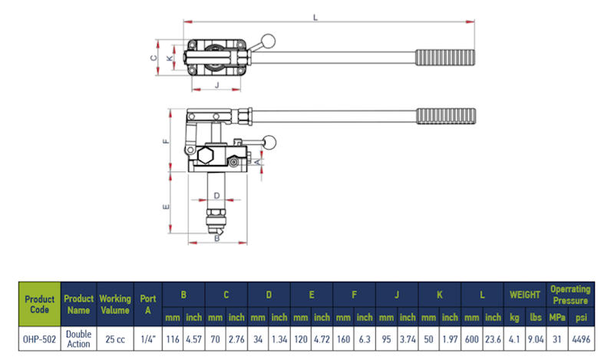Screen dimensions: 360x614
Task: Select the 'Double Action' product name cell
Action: click(78, 339)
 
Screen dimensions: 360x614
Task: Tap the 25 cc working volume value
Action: click(116, 339)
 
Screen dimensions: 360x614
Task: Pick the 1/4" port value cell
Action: click(147, 339)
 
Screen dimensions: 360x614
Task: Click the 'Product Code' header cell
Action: click(39, 304)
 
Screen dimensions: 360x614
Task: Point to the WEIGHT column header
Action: click(525, 294)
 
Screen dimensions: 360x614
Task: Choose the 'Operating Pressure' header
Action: click(570, 294)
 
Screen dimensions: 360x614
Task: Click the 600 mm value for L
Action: click(471, 339)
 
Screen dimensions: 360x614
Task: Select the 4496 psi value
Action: click(582, 339)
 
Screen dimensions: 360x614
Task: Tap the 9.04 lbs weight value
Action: click(536, 339)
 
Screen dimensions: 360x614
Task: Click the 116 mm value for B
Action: click(173, 339)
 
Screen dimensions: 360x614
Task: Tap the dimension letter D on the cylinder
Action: click(217, 196)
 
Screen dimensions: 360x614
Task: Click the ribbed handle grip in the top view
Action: click(445, 58)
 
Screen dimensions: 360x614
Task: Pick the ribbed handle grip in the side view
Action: click(447, 116)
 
